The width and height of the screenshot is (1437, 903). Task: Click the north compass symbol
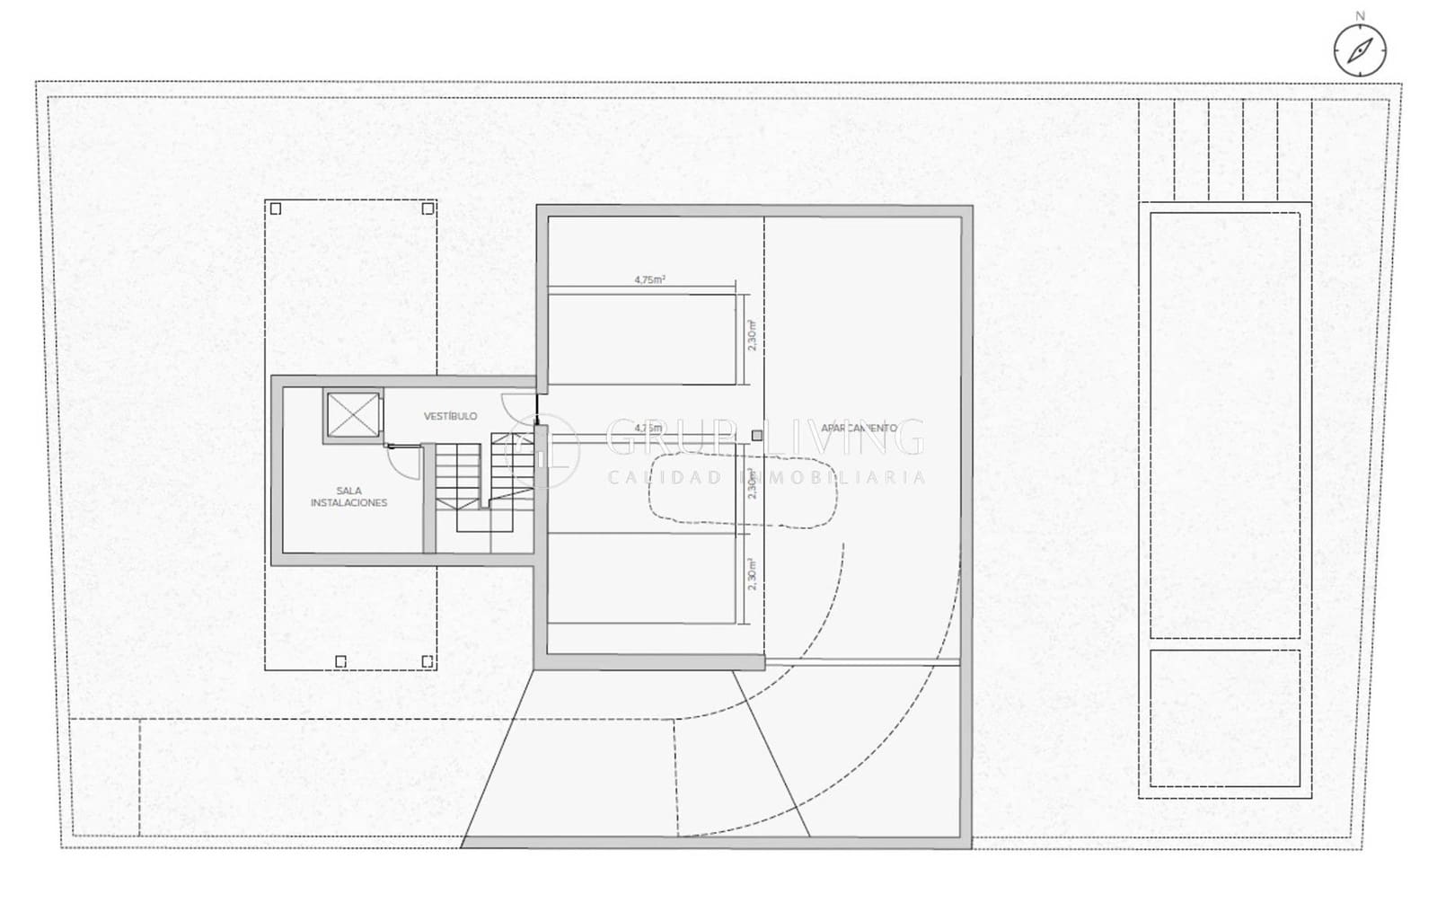click(x=1359, y=49)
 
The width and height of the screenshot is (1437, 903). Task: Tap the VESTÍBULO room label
click(x=450, y=416)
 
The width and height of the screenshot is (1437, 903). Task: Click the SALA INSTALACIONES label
click(x=348, y=497)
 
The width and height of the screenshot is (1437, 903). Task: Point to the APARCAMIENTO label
click(x=859, y=428)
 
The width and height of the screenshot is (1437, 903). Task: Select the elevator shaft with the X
click(x=353, y=416)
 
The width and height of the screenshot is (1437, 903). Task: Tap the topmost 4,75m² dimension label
click(x=649, y=279)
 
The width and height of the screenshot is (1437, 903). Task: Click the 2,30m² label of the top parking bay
click(x=752, y=336)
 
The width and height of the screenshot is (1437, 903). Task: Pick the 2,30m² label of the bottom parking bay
click(x=752, y=574)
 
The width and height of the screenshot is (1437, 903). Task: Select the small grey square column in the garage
click(x=757, y=436)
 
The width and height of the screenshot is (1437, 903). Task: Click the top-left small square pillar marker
click(x=276, y=208)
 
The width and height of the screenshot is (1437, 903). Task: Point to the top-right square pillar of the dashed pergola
click(x=428, y=208)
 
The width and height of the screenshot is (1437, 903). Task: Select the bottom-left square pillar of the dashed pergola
click(x=340, y=662)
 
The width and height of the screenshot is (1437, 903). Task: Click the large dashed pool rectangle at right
click(x=1224, y=424)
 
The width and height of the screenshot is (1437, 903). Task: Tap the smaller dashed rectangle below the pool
click(x=1224, y=718)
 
